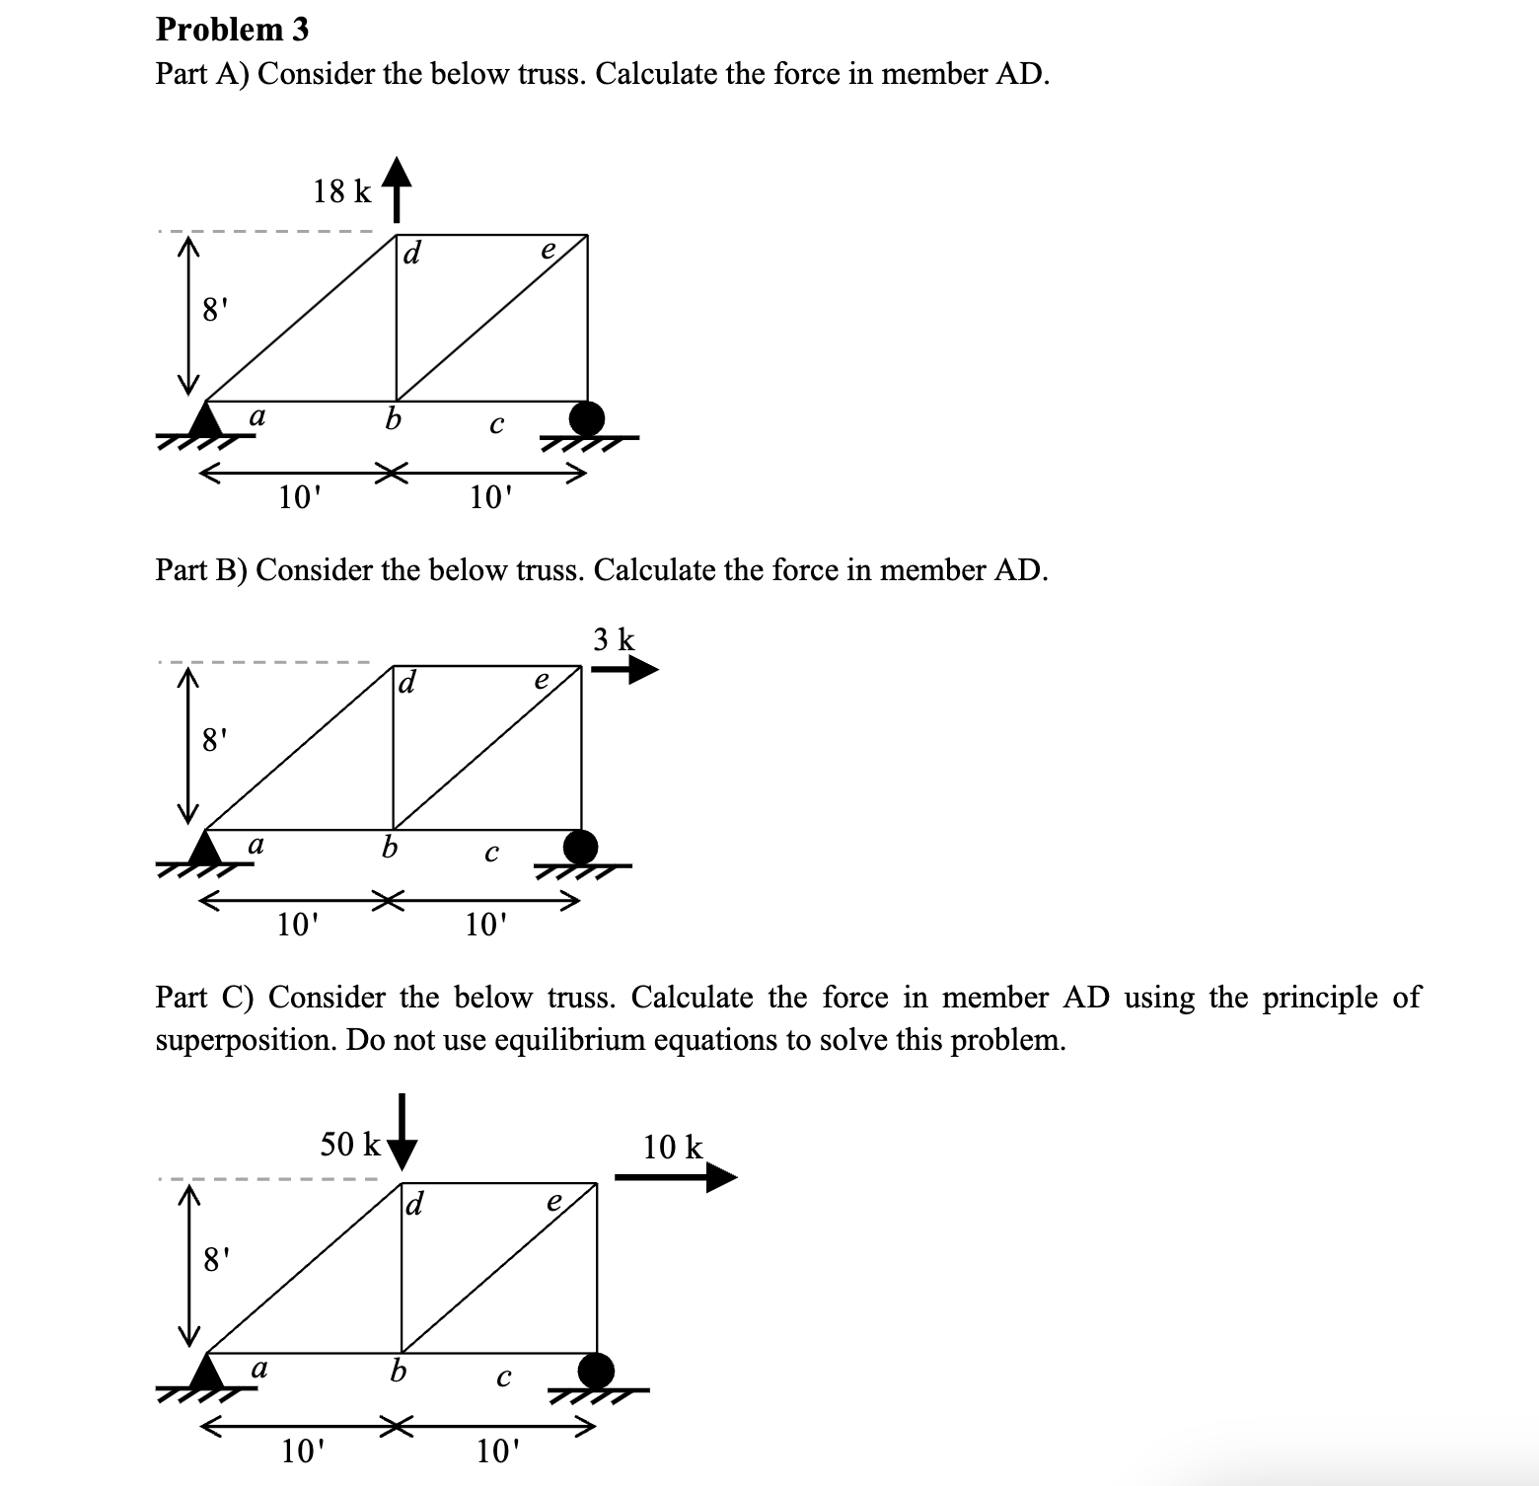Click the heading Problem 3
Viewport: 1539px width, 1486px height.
[232, 30]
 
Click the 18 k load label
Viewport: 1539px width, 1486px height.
[341, 191]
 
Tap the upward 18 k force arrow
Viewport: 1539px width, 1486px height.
[396, 188]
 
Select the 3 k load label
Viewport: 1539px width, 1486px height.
[615, 639]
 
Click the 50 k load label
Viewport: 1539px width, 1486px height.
[350, 1145]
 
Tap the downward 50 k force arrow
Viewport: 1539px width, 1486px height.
[402, 1132]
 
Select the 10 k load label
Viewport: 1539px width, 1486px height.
[673, 1147]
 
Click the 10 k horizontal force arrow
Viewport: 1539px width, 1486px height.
[676, 1177]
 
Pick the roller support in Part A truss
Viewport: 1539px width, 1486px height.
[588, 418]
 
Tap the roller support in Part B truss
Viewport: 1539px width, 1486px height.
[581, 847]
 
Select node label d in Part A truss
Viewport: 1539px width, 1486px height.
[412, 254]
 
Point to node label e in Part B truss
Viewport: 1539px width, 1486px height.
[541, 680]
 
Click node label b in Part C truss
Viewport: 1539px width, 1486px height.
[398, 1371]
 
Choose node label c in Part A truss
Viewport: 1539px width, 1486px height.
[496, 425]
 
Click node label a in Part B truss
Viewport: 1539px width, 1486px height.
[256, 845]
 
